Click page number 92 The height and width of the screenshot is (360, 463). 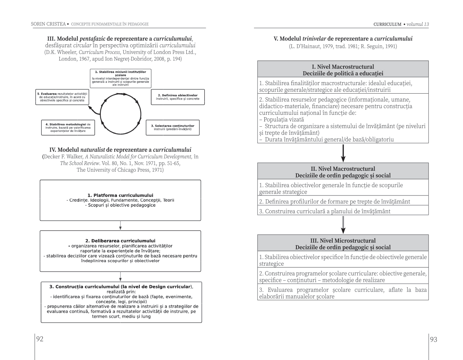40,339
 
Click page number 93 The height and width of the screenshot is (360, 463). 434,339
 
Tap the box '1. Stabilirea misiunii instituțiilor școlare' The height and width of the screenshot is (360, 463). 120,78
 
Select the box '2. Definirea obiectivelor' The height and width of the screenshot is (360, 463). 177,97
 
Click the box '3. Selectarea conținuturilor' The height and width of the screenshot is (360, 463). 172,127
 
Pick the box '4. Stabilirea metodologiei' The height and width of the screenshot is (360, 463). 68,127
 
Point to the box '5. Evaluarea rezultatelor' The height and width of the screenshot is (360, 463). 62,97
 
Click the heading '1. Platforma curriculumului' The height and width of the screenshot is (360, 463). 120,195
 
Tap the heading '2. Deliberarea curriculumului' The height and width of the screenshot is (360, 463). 120,240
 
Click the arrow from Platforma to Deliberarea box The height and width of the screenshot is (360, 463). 120,225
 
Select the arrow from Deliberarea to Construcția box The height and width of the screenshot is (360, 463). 120,276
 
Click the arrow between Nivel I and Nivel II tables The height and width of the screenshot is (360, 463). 343,153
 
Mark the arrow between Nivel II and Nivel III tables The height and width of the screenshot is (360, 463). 343,225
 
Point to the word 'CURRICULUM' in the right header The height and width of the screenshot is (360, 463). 387,24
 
